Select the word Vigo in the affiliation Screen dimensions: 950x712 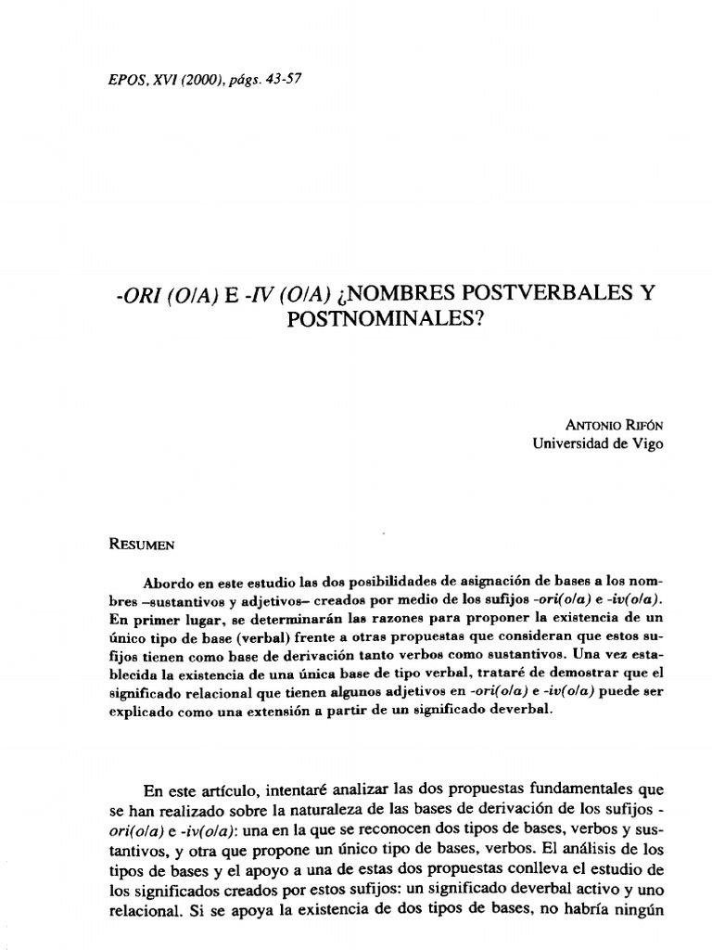point(646,443)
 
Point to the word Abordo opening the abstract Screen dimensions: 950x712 point(167,583)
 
